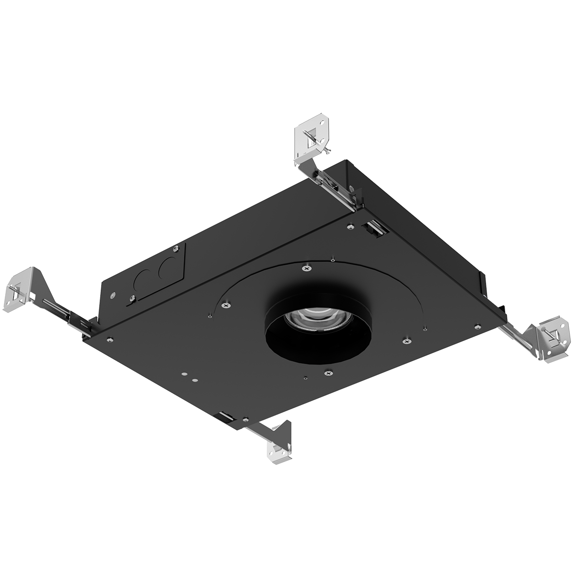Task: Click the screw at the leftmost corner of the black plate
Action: tap(110, 340)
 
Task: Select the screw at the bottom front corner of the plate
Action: tap(244, 420)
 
